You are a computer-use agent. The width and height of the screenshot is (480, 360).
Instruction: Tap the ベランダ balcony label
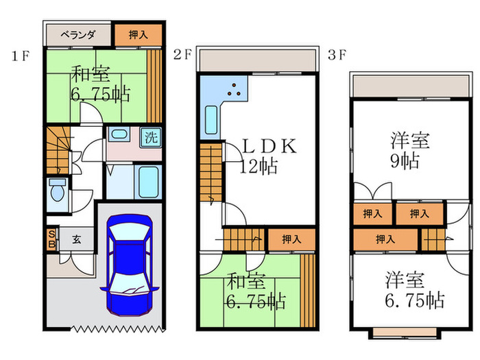click(76, 34)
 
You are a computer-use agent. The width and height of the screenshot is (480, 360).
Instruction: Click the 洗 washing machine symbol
click(151, 136)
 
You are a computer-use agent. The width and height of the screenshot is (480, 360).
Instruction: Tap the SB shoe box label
click(51, 239)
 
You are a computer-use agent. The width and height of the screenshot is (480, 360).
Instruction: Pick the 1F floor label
click(19, 57)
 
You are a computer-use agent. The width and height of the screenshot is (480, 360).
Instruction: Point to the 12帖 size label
click(259, 166)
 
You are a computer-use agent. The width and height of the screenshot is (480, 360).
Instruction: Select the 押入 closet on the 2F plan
click(291, 239)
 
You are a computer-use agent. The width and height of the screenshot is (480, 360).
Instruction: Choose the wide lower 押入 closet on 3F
click(385, 239)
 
